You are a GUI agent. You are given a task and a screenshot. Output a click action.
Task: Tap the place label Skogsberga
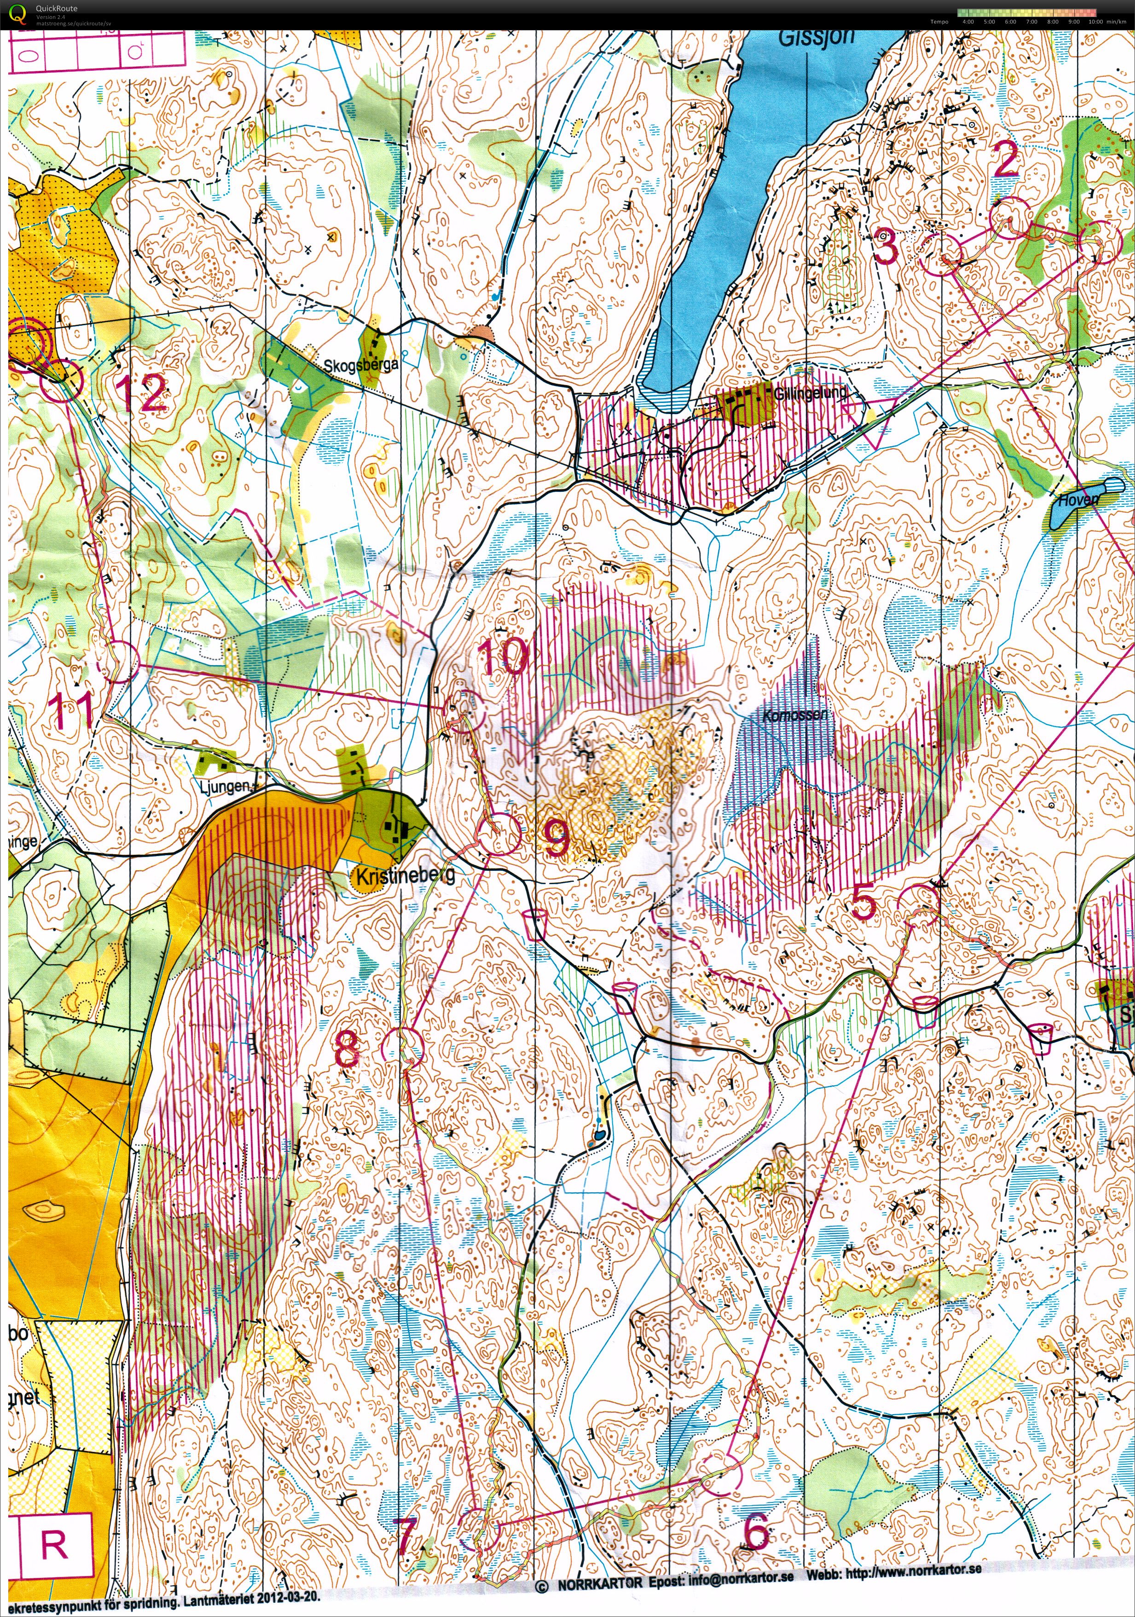tap(361, 365)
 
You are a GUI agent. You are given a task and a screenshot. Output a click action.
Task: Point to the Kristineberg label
tap(405, 876)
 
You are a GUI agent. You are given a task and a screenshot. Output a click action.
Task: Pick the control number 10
tap(503, 656)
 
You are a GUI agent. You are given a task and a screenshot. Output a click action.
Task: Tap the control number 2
tap(1005, 160)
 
